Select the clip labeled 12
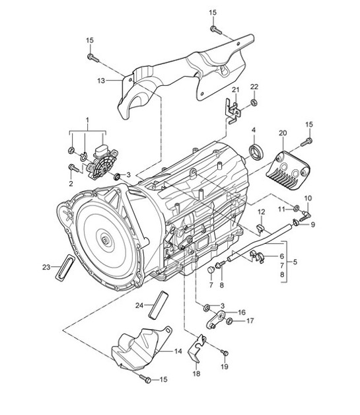tap(261, 229)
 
